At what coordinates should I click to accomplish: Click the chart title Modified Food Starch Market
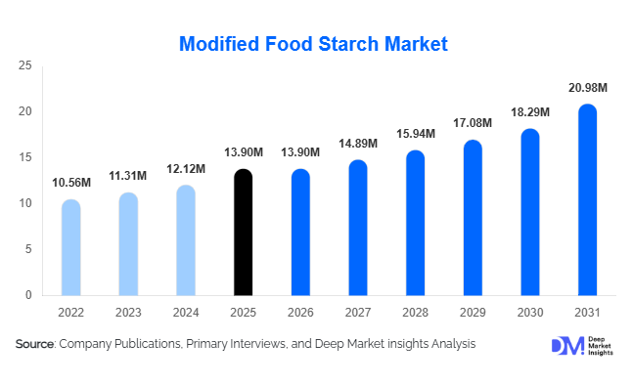point(314,44)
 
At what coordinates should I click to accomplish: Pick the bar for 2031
point(587,200)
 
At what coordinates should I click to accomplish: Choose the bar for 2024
point(185,240)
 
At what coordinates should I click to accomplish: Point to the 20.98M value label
point(587,88)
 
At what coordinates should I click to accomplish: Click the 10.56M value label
point(71,183)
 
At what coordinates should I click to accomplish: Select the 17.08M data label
point(473,124)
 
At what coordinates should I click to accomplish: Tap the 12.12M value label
point(186,169)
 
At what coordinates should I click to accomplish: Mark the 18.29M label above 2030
point(530,112)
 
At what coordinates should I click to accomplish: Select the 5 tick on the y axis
point(28,249)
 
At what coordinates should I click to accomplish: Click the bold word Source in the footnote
point(34,344)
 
